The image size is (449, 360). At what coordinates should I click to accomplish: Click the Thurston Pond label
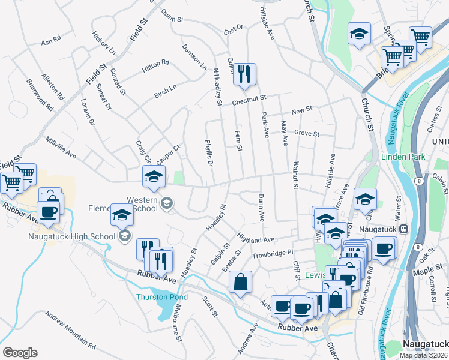(x=159, y=296)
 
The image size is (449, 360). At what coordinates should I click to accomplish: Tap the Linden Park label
(x=403, y=157)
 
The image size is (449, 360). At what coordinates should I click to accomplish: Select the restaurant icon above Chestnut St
(x=244, y=74)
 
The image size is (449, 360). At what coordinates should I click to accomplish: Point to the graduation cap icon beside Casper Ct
(x=154, y=176)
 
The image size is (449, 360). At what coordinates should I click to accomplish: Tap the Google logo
(x=20, y=353)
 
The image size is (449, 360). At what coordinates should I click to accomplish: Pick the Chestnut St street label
(x=249, y=100)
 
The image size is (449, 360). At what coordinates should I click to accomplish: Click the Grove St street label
(x=306, y=133)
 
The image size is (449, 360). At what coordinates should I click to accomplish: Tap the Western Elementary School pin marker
(x=166, y=204)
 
